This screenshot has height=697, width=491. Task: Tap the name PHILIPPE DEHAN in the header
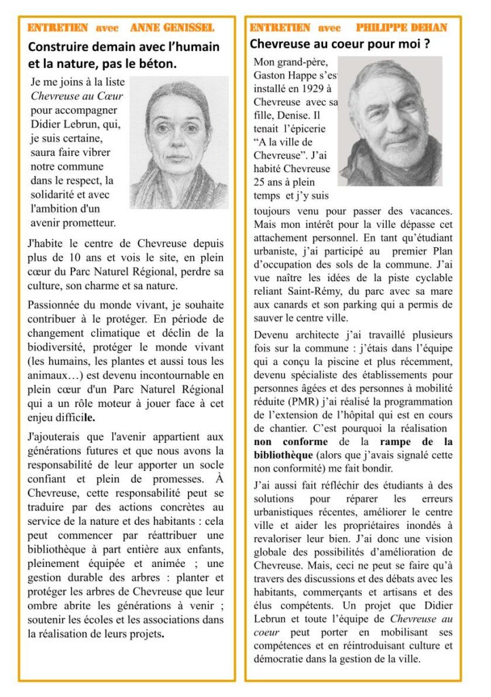pyautogui.click(x=401, y=28)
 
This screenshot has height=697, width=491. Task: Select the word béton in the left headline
pyautogui.click(x=154, y=64)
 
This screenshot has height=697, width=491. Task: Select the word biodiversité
pyautogui.click(x=58, y=347)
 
